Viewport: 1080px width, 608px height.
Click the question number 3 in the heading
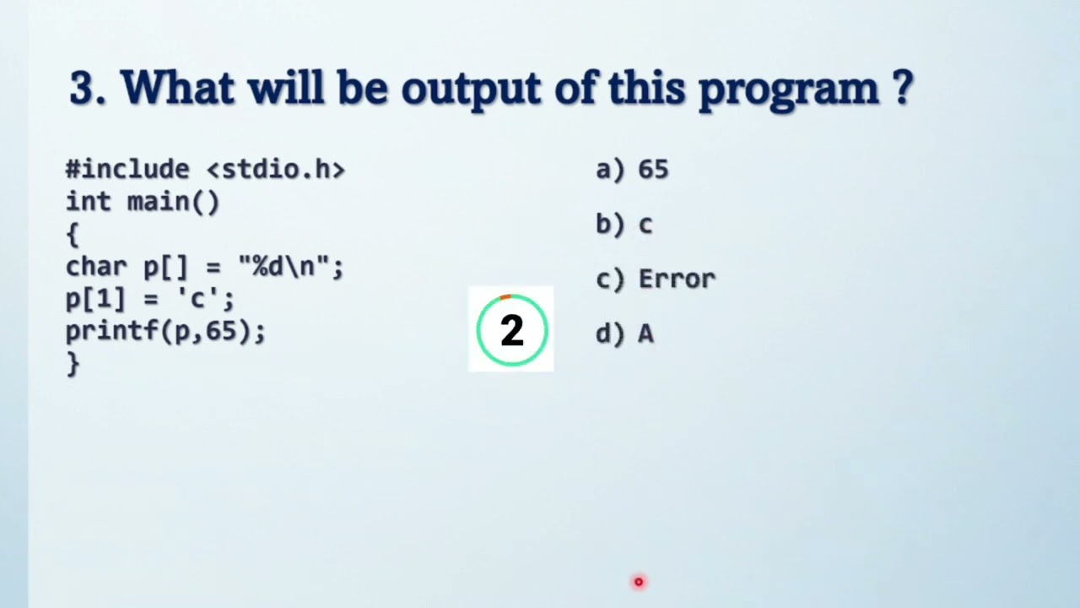point(83,88)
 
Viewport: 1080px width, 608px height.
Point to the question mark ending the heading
point(902,87)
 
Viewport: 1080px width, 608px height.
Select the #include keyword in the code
point(127,169)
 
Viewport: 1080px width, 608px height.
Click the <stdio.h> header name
point(276,169)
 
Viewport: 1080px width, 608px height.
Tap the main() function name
point(173,203)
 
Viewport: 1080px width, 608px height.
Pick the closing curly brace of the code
point(73,363)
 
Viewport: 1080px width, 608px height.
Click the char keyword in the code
point(96,267)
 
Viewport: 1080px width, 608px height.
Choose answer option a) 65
point(633,170)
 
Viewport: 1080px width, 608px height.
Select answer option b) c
point(624,225)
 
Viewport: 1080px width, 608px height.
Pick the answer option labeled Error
point(676,280)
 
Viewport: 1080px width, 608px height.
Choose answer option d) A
point(625,334)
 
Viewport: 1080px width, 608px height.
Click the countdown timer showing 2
point(511,330)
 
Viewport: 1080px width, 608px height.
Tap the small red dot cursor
point(639,582)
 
